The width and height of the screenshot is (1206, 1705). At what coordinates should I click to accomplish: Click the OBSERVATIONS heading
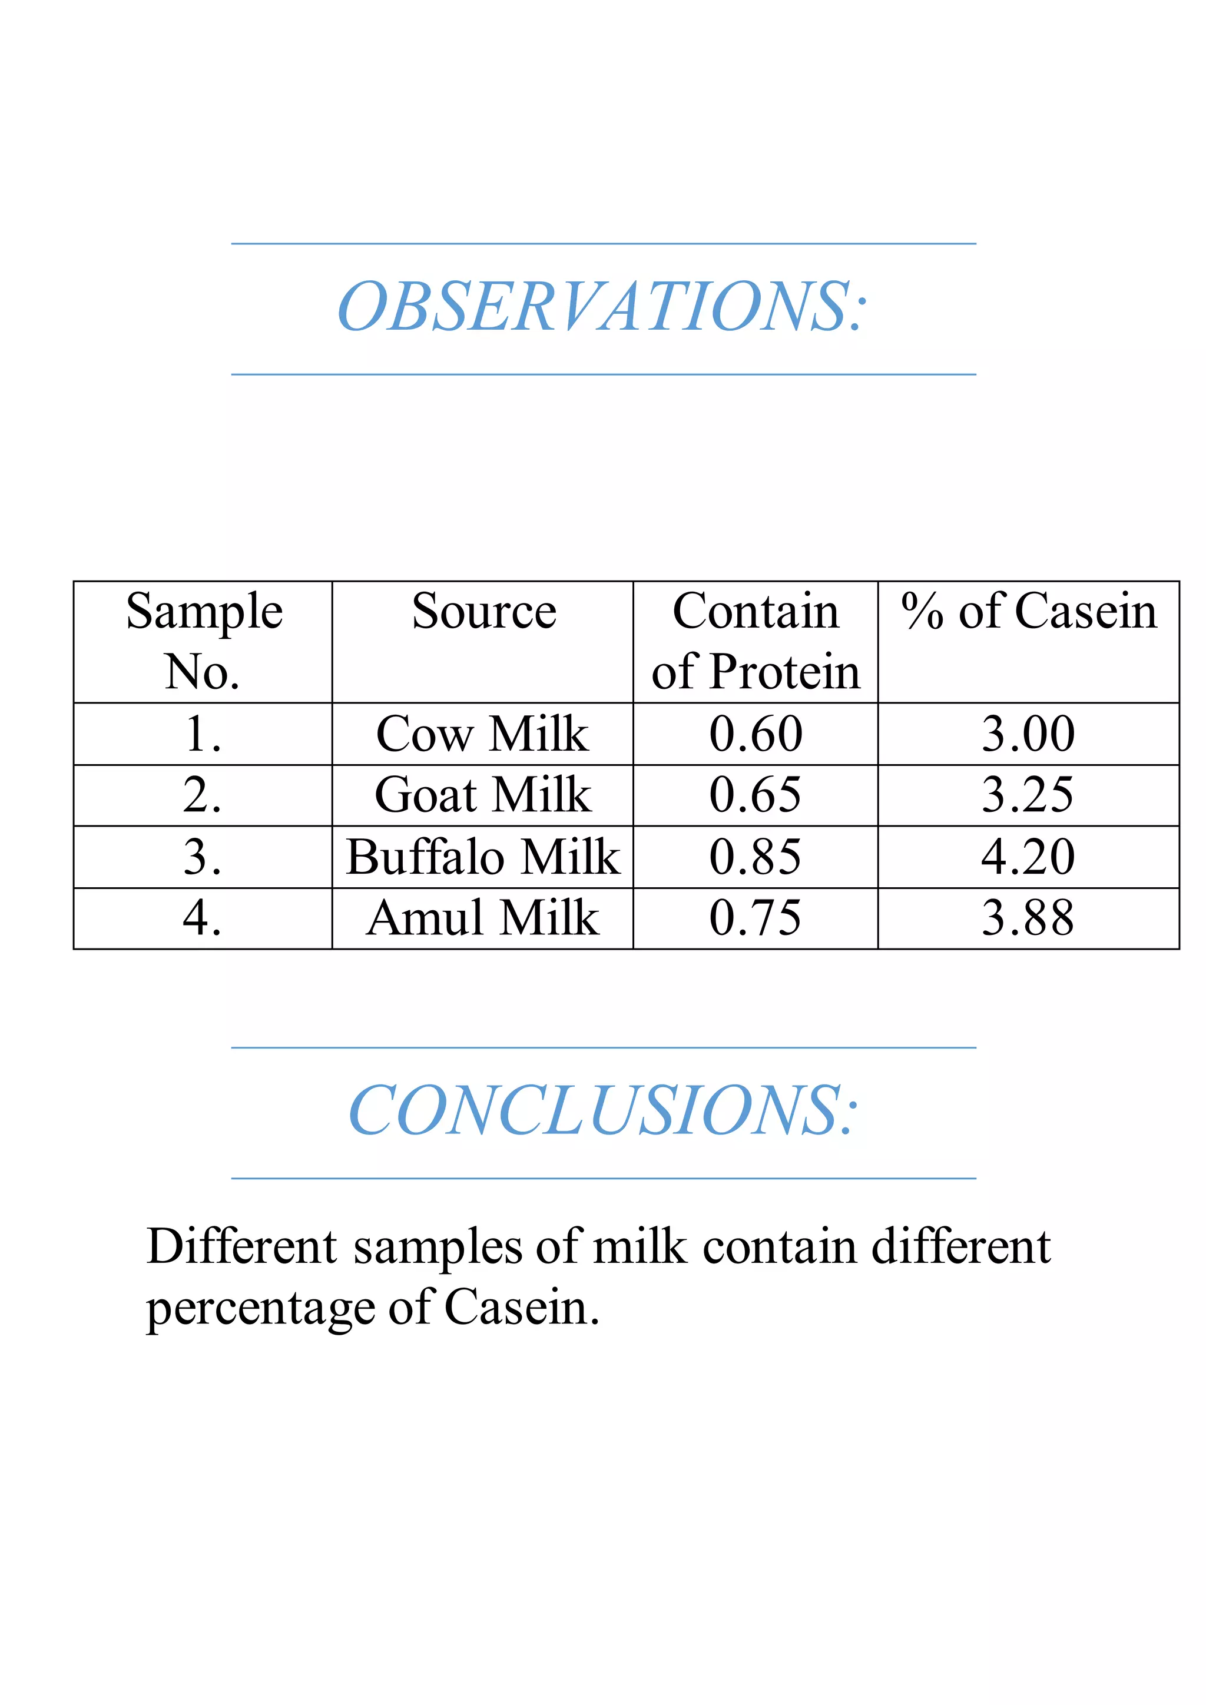tap(601, 307)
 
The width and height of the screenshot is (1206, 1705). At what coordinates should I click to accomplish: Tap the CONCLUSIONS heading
tap(602, 1111)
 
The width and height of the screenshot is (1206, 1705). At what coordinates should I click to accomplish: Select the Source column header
tap(483, 612)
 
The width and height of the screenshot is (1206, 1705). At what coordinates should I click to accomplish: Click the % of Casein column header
tap(1029, 612)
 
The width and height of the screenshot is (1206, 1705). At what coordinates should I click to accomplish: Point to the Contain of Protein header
tap(756, 642)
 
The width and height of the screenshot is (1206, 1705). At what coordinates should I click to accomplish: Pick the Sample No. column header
tap(204, 642)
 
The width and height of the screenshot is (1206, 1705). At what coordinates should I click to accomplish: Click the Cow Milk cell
tap(483, 734)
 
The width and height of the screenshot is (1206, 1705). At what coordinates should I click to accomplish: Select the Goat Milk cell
tap(483, 795)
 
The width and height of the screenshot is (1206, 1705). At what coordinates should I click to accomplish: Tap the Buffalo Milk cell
tap(483, 856)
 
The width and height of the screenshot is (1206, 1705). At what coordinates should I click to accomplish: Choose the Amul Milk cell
tap(483, 918)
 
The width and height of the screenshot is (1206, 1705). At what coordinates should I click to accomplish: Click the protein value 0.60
tap(756, 734)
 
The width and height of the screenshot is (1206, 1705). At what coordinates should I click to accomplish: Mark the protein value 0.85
tap(756, 856)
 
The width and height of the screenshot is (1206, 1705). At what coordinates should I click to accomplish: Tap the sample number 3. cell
tap(202, 856)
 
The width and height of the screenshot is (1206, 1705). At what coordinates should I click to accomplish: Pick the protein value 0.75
tap(756, 918)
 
